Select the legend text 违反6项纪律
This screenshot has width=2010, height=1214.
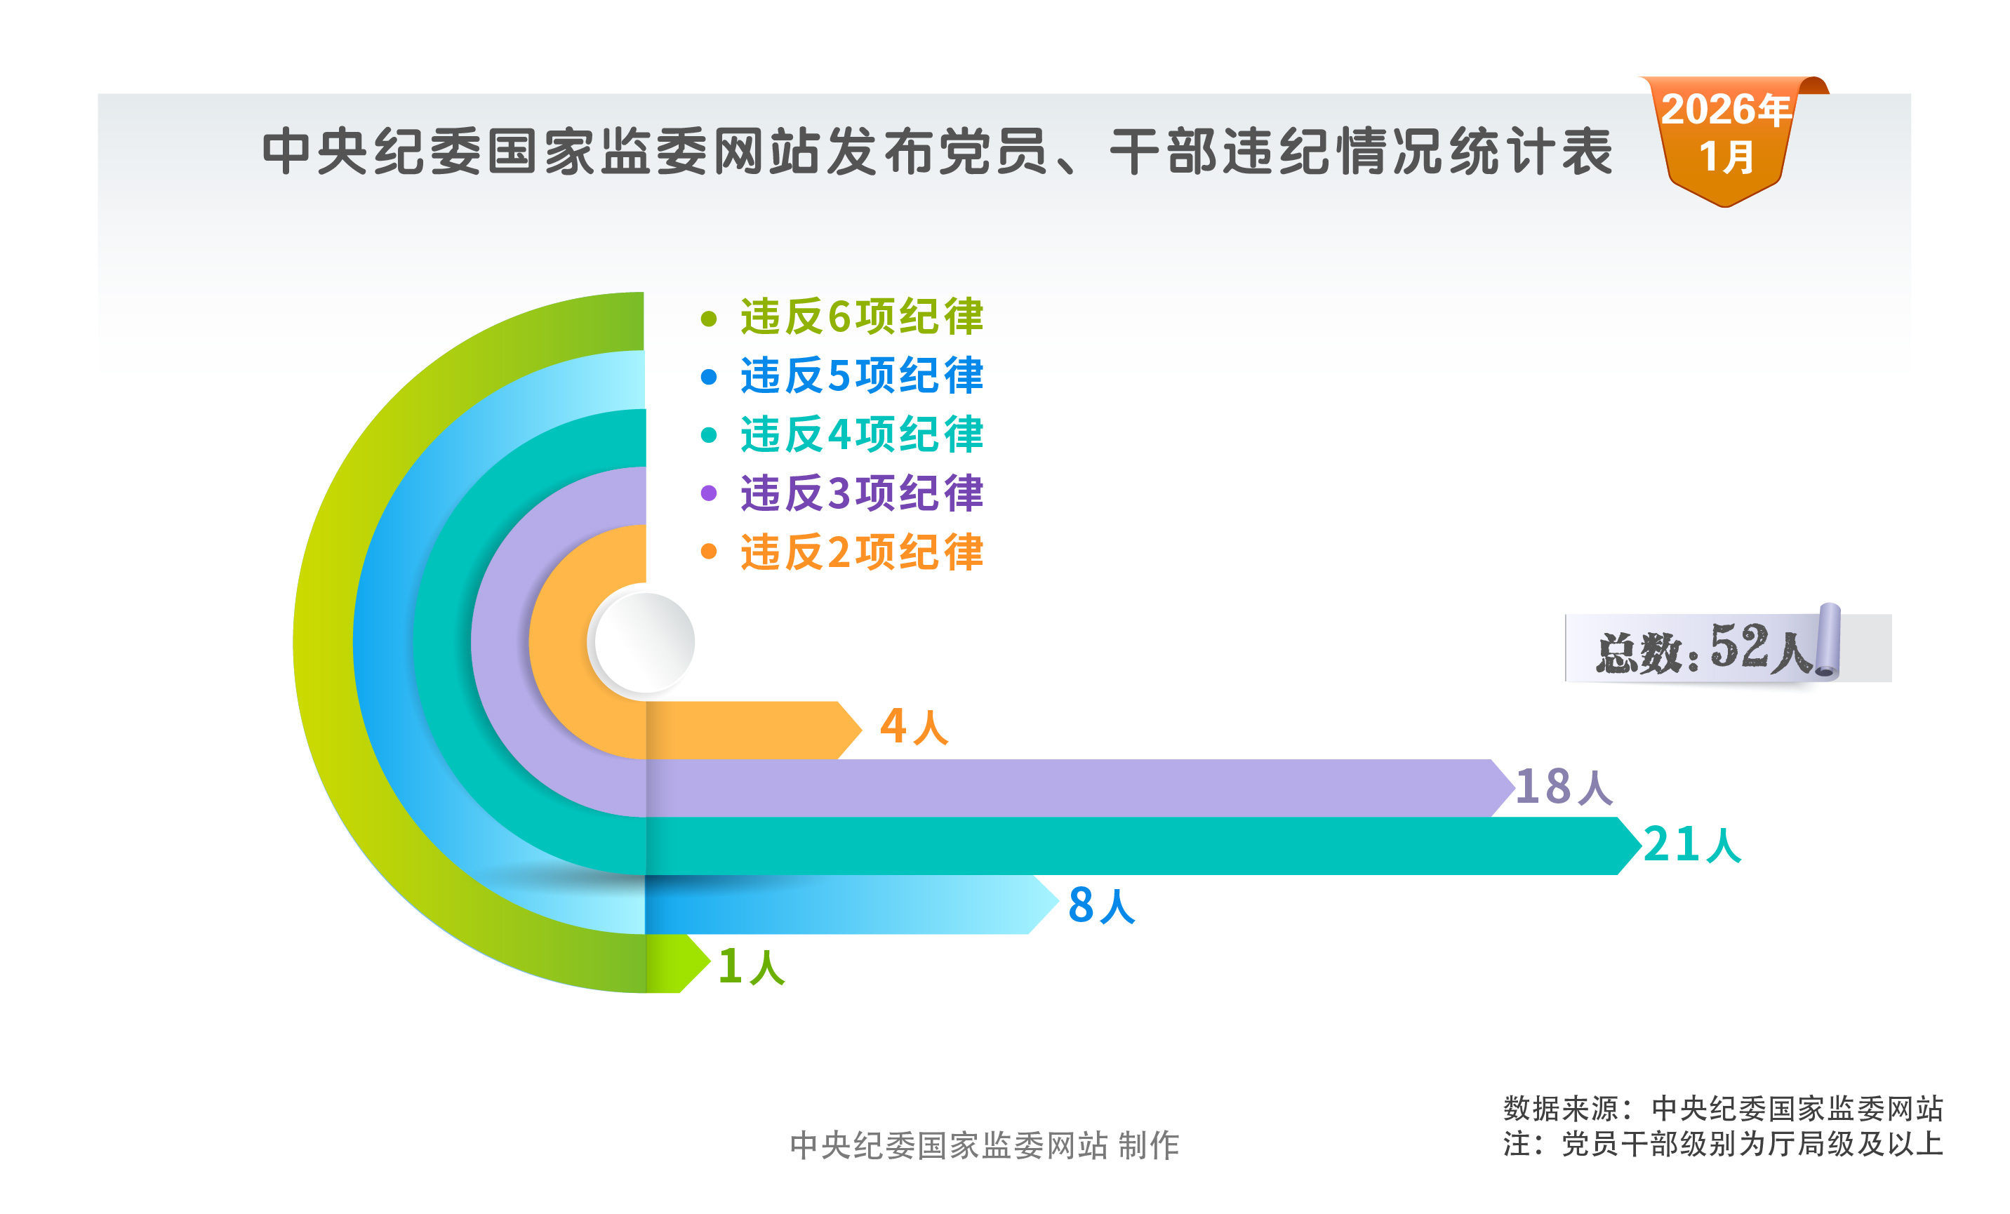point(860,316)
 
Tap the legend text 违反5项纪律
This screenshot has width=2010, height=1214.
point(860,375)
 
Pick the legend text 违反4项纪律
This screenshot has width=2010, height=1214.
point(860,434)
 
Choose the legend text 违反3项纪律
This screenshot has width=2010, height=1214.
point(860,493)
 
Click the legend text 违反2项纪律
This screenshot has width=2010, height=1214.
point(860,552)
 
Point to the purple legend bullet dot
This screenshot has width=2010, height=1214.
point(708,493)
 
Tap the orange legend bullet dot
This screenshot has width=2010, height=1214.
point(708,552)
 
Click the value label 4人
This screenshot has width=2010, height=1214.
point(914,726)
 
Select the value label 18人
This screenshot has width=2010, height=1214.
point(1563,787)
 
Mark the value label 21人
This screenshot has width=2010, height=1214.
point(1691,844)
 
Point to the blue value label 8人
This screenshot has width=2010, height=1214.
point(1101,906)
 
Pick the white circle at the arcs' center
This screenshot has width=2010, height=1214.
point(644,642)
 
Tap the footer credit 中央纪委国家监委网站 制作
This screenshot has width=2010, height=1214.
point(984,1145)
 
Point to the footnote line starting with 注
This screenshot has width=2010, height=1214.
point(1722,1144)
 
